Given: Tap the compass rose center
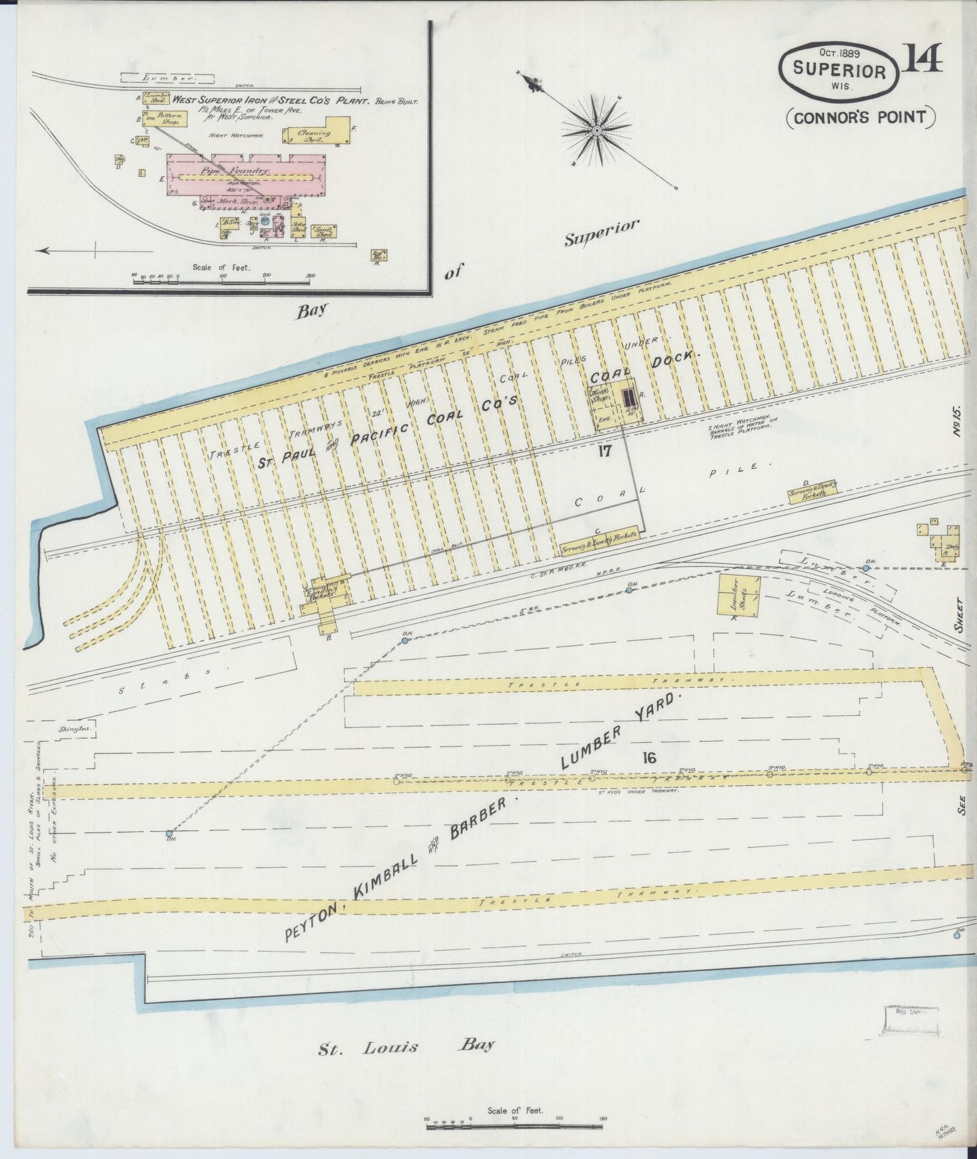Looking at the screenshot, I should pyautogui.click(x=596, y=128).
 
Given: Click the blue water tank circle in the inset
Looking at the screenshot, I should pyautogui.click(x=265, y=220).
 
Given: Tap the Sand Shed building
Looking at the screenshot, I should pyautogui.click(x=327, y=231).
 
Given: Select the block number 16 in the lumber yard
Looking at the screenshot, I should pyautogui.click(x=649, y=757).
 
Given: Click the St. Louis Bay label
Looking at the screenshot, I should pyautogui.click(x=406, y=1047).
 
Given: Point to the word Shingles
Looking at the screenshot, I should pyautogui.click(x=74, y=729).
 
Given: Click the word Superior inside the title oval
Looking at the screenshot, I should pyautogui.click(x=839, y=70).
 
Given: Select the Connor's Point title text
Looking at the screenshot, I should pyautogui.click(x=860, y=116).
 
